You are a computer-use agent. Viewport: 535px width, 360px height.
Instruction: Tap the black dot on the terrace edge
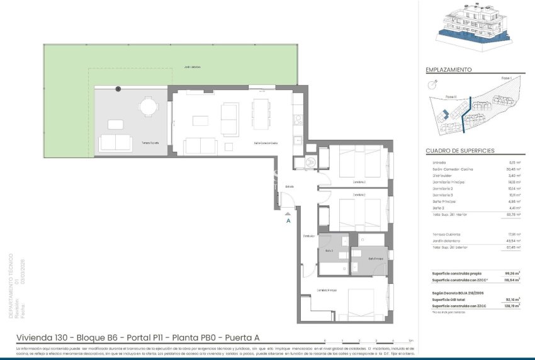click(x=118, y=89)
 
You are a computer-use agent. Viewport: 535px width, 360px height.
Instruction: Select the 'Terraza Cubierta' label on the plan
click(x=150, y=143)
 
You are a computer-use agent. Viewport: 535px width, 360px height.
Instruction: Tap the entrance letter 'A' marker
click(x=288, y=221)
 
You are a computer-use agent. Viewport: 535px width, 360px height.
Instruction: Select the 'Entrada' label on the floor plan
click(x=289, y=186)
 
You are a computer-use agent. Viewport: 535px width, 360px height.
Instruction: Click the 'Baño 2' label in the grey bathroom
click(x=329, y=250)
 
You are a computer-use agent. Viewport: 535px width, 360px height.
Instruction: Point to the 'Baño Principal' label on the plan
click(x=376, y=259)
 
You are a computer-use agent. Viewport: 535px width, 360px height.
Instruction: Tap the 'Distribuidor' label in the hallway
click(x=308, y=236)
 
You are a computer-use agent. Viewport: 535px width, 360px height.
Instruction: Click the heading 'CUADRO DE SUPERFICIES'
click(x=460, y=151)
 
